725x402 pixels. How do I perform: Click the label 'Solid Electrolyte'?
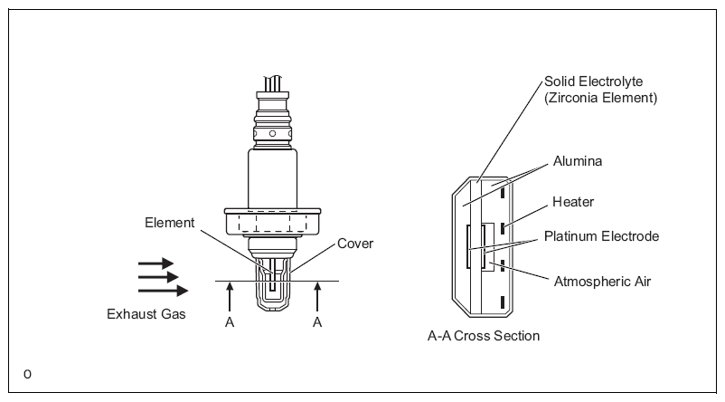(x=593, y=82)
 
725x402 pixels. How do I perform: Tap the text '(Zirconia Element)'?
(x=600, y=98)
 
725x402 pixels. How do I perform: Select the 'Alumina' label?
(x=578, y=161)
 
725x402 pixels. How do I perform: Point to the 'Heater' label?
(x=573, y=202)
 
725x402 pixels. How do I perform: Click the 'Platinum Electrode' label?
(x=601, y=236)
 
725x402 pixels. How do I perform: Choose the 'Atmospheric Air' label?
(x=602, y=282)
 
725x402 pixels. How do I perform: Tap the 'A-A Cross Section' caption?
(x=484, y=336)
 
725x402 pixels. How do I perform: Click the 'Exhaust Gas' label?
(x=146, y=314)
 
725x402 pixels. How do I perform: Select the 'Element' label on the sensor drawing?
(x=170, y=223)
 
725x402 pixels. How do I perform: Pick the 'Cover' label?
(x=355, y=244)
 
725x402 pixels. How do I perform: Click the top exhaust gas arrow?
(x=155, y=263)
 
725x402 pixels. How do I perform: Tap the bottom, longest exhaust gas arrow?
(x=164, y=291)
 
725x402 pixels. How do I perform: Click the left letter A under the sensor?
(x=230, y=322)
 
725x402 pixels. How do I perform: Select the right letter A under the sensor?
(x=317, y=322)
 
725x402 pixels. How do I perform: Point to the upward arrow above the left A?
(x=230, y=297)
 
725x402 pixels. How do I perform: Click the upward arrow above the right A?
(x=317, y=297)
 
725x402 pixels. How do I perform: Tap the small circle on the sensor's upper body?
(x=272, y=134)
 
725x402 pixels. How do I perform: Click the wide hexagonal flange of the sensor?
(x=272, y=222)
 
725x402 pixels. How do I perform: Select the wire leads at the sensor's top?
(x=273, y=84)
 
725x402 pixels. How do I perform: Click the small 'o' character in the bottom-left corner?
(x=27, y=374)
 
